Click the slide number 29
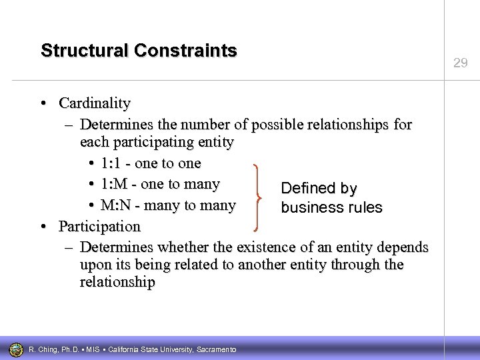click(x=460, y=63)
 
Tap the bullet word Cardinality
click(x=95, y=103)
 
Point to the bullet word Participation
click(x=99, y=226)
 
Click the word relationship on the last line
click(x=117, y=282)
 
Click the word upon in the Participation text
click(x=95, y=265)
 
